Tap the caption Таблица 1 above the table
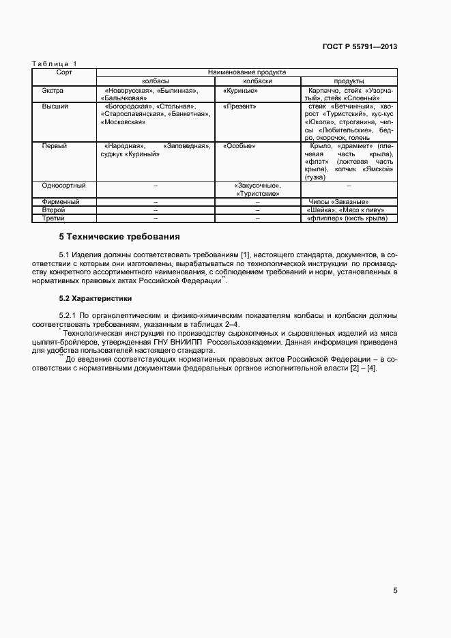click(x=55, y=64)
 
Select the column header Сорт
click(x=64, y=72)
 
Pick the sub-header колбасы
click(x=156, y=81)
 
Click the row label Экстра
click(x=53, y=90)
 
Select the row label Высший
click(x=54, y=107)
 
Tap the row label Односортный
click(x=63, y=185)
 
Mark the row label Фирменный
click(x=61, y=202)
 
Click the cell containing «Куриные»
click(x=240, y=90)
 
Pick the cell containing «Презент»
click(x=239, y=107)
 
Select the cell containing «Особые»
click(x=239, y=146)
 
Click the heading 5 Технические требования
click(x=119, y=237)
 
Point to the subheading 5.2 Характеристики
click(x=96, y=299)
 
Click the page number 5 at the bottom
click(x=395, y=591)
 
